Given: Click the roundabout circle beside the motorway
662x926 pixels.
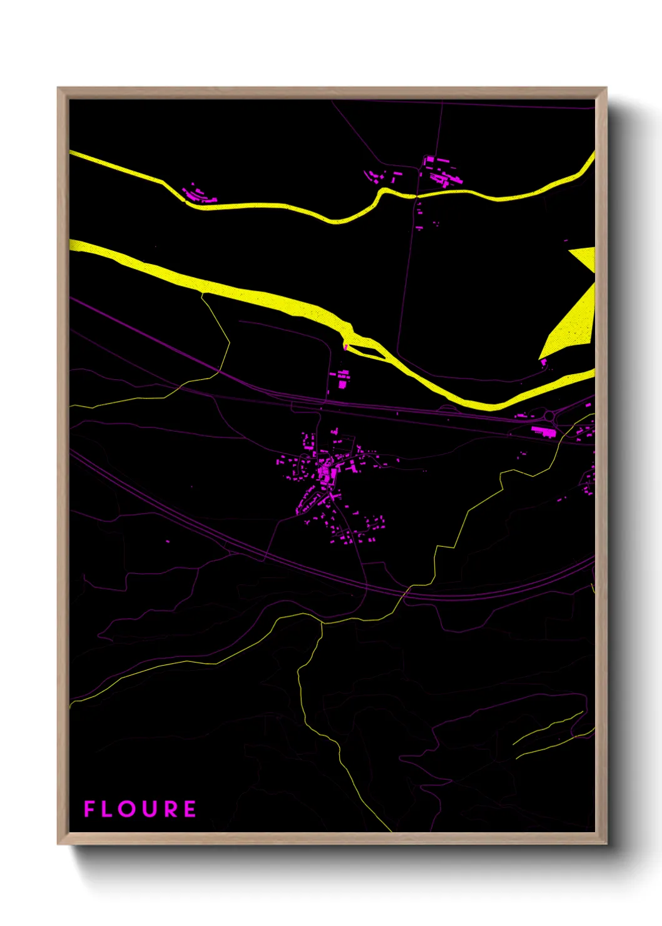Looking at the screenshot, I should tap(549, 415).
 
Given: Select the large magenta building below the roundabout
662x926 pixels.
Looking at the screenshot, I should tap(542, 431).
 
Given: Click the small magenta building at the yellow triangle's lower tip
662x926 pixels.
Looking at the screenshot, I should tap(542, 362).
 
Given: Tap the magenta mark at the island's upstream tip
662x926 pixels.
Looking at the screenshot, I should tap(345, 346).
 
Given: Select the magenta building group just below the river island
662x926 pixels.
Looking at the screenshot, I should tap(342, 379).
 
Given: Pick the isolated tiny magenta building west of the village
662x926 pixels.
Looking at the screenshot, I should tap(168, 541).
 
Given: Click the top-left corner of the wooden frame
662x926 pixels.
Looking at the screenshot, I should tap(59, 89).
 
